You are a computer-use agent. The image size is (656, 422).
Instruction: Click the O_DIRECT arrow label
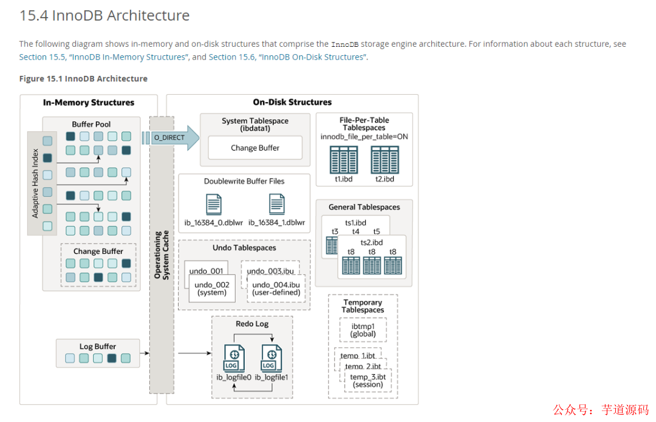point(169,138)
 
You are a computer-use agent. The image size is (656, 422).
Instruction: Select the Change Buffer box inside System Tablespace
point(255,148)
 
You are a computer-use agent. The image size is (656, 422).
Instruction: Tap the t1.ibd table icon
point(343,160)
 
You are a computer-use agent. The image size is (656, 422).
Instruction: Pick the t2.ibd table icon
point(385,160)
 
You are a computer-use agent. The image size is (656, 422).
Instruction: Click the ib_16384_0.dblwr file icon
point(214,205)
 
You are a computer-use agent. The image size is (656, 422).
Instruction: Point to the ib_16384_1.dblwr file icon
point(277,205)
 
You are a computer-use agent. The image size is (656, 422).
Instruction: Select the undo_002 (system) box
point(212,288)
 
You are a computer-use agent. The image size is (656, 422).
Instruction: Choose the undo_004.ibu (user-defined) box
point(276,288)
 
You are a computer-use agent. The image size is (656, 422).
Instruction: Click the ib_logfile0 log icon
point(234,358)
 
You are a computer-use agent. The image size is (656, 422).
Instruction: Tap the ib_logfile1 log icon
point(272,358)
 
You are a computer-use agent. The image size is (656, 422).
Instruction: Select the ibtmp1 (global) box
point(363,330)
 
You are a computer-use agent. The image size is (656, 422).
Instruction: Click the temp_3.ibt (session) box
point(367,381)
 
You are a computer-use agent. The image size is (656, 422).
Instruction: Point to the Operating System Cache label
point(162,254)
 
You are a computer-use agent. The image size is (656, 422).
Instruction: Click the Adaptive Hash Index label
point(35,183)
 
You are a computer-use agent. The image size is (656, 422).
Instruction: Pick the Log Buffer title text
point(97,346)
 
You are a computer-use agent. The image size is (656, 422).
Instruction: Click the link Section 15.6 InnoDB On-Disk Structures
point(287,57)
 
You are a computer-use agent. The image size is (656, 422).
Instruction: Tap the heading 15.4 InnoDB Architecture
point(104,15)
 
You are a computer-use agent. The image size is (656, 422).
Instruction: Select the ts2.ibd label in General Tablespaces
point(372,243)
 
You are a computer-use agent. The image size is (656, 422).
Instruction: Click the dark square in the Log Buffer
point(112,358)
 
